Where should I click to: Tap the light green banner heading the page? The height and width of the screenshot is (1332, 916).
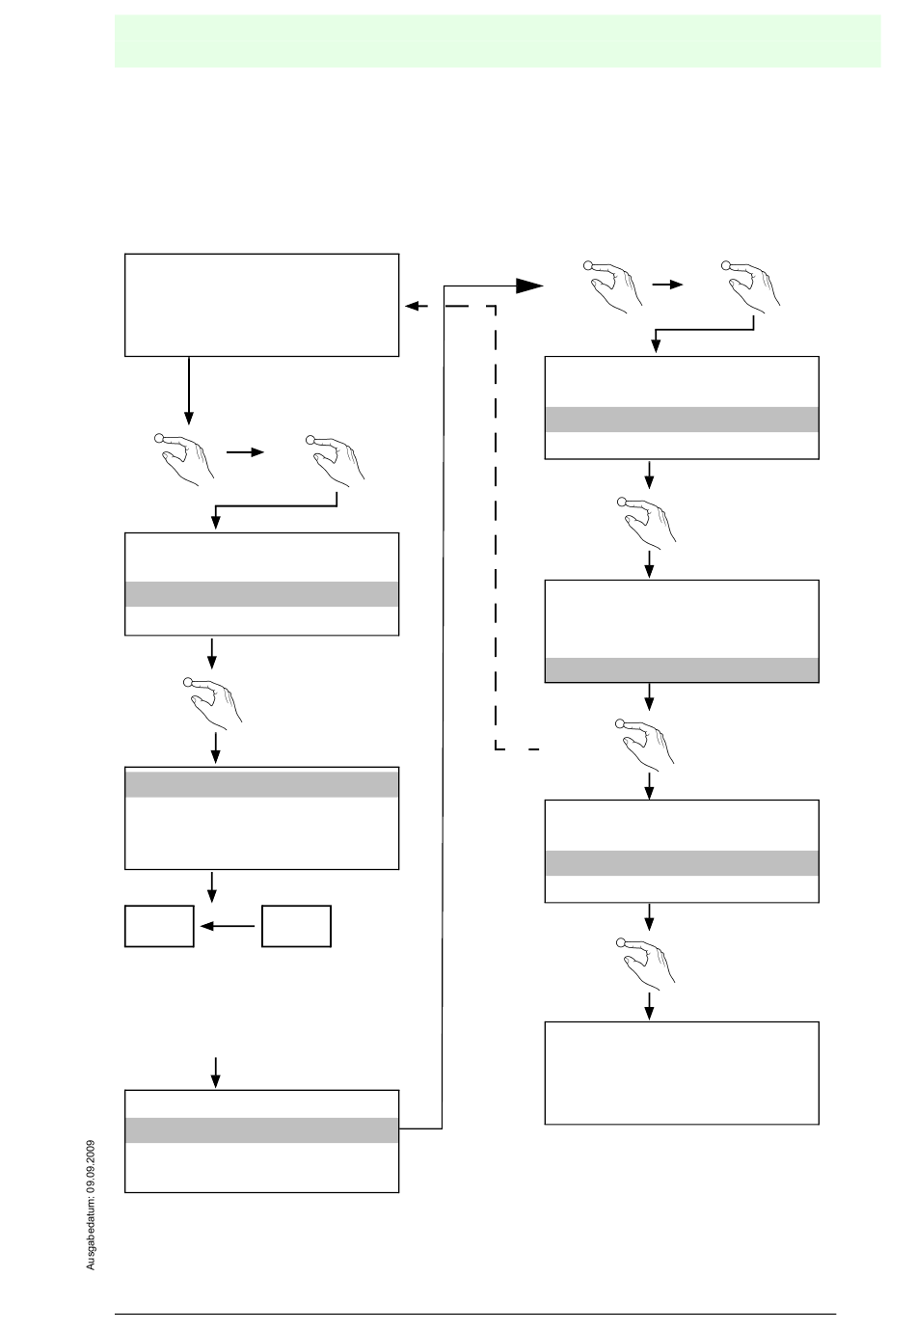tap(498, 41)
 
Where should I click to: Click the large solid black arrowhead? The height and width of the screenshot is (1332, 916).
tap(529, 286)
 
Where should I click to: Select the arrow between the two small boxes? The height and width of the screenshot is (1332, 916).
tap(227, 926)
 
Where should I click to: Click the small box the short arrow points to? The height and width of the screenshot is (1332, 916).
tap(159, 926)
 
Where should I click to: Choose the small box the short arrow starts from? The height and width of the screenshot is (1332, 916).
tap(297, 926)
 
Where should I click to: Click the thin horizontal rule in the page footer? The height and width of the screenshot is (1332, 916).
tap(475, 1314)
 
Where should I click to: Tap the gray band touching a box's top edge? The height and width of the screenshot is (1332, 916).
tap(261, 784)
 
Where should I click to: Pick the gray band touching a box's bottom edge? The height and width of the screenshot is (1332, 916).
tap(682, 669)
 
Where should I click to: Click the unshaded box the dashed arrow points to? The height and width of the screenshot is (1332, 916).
tap(261, 305)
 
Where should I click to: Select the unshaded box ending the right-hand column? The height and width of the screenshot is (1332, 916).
tap(682, 1073)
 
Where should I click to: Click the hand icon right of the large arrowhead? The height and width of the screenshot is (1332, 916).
tap(613, 286)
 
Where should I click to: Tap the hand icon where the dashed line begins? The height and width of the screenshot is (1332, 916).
tap(645, 745)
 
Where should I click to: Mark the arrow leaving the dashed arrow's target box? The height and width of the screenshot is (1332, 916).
tap(189, 391)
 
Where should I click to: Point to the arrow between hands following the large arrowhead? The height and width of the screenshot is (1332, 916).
tap(667, 285)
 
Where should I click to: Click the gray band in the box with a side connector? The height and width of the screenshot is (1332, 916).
tap(261, 1129)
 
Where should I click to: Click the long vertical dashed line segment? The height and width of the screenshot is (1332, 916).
tap(496, 528)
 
